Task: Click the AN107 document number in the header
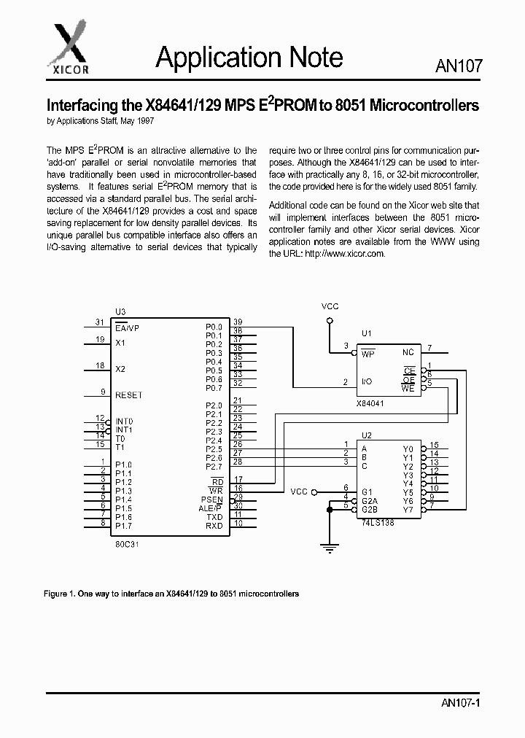click(x=459, y=66)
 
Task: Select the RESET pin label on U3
click(x=129, y=395)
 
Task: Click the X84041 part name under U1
click(x=370, y=403)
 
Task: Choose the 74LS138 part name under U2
click(x=378, y=523)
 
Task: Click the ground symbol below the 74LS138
click(x=330, y=543)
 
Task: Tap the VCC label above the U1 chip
click(x=330, y=306)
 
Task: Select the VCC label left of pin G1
click(x=300, y=492)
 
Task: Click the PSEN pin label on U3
click(x=212, y=500)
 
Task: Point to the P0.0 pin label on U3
click(x=214, y=327)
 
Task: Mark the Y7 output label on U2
click(x=408, y=510)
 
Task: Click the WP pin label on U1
click(x=368, y=354)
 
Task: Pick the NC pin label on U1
click(x=408, y=353)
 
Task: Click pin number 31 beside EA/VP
click(x=100, y=322)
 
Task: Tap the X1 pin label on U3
click(x=121, y=342)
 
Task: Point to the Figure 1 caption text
click(x=172, y=594)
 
